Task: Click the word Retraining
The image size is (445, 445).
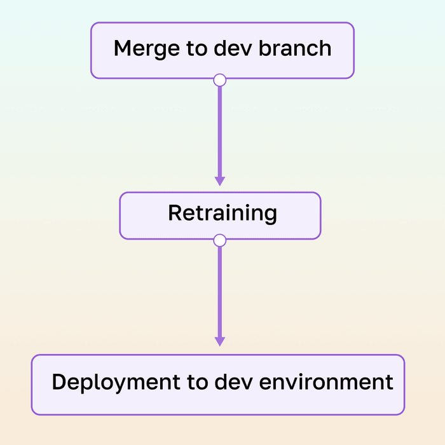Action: [222, 214]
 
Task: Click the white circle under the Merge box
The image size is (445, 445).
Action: [219, 79]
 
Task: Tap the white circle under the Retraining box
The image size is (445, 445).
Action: [219, 240]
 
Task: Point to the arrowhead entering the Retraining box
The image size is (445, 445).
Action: [219, 181]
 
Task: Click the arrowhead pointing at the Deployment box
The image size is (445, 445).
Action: [219, 341]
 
